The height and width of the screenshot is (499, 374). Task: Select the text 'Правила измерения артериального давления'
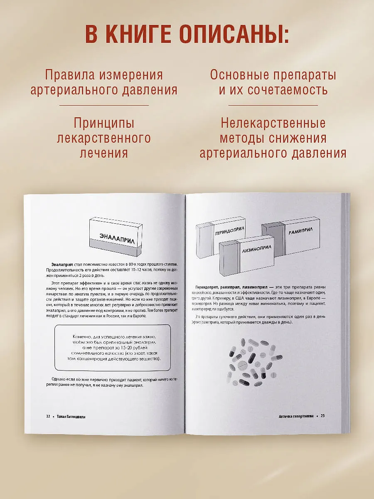tap(104, 83)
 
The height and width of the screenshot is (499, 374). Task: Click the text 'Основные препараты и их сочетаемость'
tap(273, 83)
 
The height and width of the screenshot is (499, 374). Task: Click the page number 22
tap(48, 416)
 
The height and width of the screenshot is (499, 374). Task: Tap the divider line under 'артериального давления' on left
tap(104, 105)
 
